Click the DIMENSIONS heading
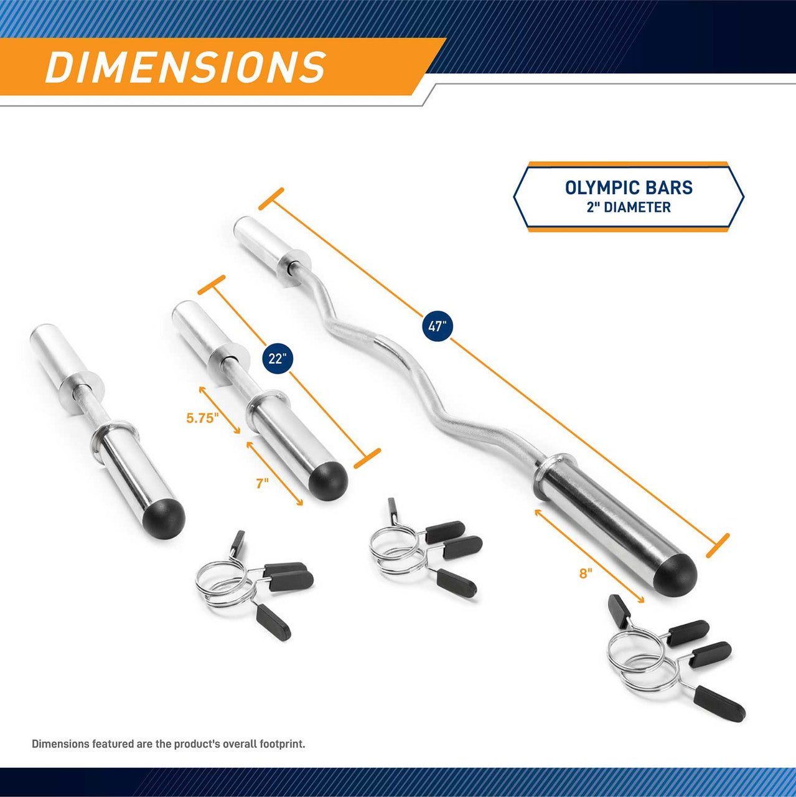coord(185,67)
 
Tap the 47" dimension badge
coord(438,326)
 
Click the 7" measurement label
coord(263,483)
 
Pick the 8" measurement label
coord(584,573)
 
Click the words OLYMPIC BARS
coord(629,187)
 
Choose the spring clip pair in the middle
coord(423,548)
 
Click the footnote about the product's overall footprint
coord(168,743)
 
